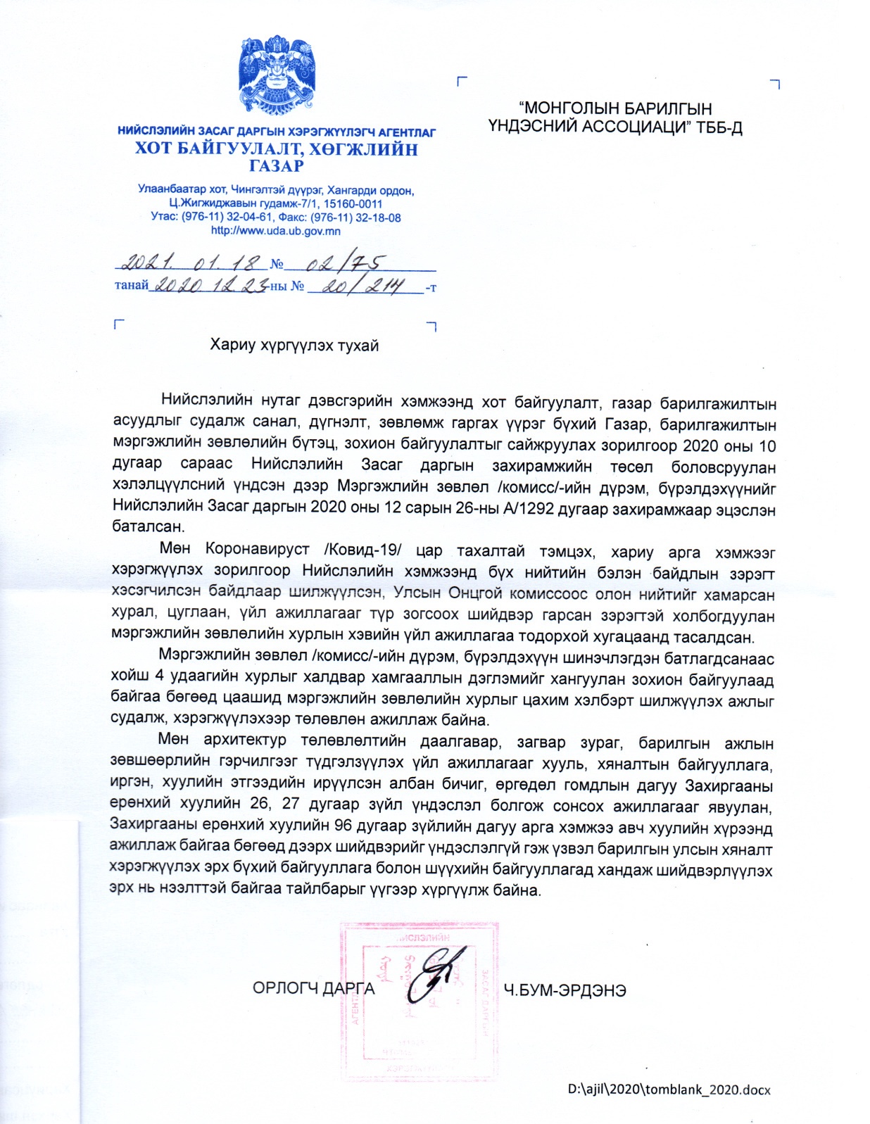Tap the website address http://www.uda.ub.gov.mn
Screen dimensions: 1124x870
(x=275, y=231)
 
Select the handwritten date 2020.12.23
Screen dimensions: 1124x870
(x=210, y=286)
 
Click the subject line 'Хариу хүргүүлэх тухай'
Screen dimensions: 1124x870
(x=294, y=345)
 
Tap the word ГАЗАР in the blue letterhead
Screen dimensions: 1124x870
(x=276, y=166)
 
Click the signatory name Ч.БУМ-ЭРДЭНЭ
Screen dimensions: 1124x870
(x=565, y=990)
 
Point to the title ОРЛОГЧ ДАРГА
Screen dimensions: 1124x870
(x=313, y=989)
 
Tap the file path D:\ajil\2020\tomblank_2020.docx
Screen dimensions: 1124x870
(x=669, y=1090)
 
